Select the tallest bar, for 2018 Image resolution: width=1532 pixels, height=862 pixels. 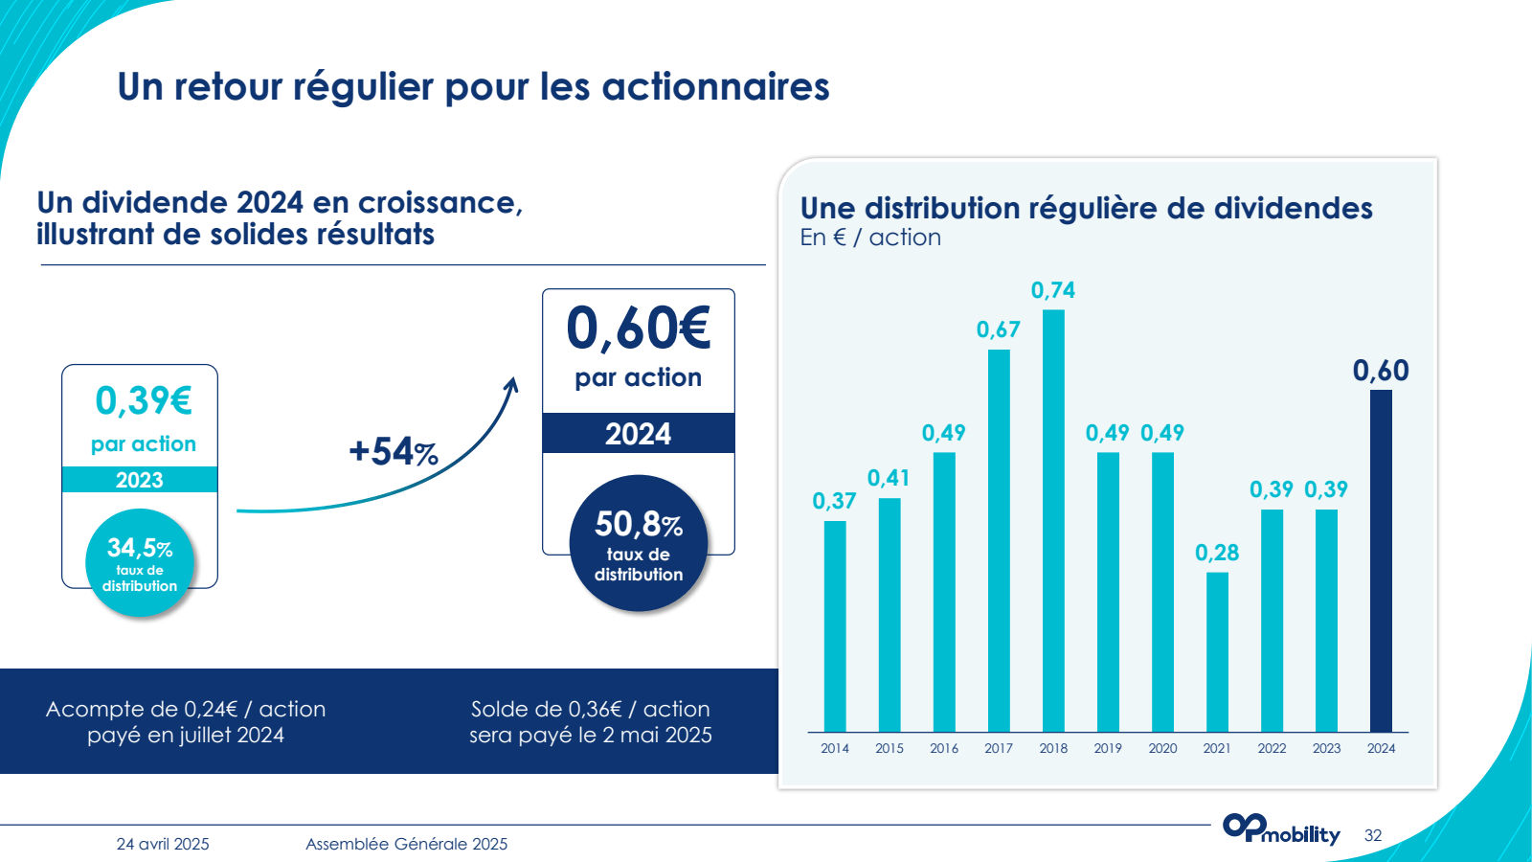[x=1053, y=521]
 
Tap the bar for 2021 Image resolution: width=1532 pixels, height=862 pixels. [x=1217, y=652]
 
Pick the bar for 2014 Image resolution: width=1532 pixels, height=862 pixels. [x=835, y=626]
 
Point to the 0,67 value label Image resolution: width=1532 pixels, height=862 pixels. [x=998, y=329]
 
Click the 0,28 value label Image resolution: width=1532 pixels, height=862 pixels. [x=1217, y=553]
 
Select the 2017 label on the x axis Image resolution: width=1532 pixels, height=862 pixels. [x=999, y=748]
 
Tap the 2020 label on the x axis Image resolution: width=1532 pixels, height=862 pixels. [x=1162, y=748]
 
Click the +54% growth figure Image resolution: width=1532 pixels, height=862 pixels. [x=393, y=451]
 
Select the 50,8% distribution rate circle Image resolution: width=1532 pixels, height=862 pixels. [x=639, y=543]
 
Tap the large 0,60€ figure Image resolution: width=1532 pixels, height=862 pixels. [x=639, y=329]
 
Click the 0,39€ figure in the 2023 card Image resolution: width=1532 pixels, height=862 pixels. [x=144, y=400]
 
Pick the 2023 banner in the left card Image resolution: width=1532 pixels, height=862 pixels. [x=140, y=480]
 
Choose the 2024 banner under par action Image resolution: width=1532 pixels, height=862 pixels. [x=639, y=434]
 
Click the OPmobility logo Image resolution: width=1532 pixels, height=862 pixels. [x=1280, y=829]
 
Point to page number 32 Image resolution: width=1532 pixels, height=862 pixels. [x=1373, y=835]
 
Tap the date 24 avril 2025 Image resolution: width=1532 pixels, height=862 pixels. [x=163, y=844]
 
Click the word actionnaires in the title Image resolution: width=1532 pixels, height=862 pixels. [x=714, y=87]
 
